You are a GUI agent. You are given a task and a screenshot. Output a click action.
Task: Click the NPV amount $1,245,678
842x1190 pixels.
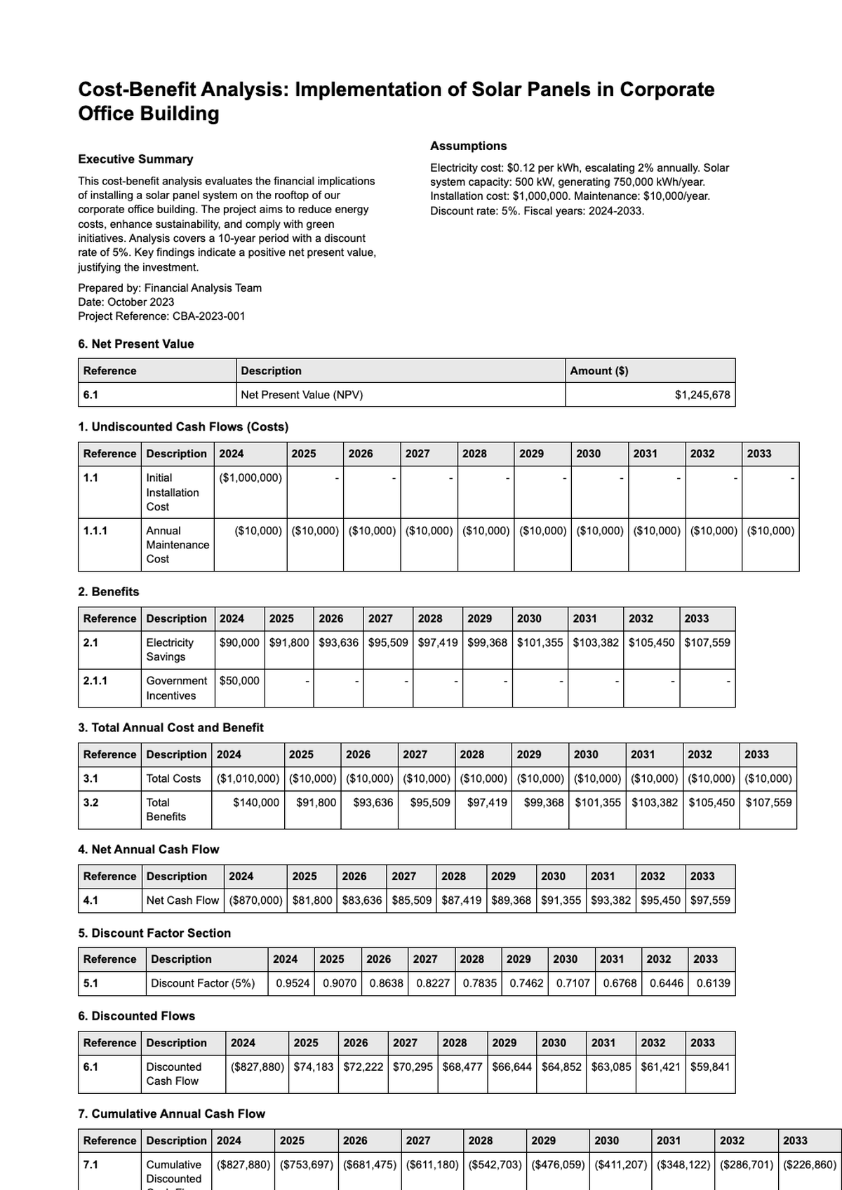pos(702,395)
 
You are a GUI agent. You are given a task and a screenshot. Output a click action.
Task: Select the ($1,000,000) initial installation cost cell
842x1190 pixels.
pos(250,478)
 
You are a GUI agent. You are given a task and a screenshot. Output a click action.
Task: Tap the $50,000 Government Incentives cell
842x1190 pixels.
pos(239,680)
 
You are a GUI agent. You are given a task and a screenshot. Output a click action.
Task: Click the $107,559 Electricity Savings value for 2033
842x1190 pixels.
pos(707,642)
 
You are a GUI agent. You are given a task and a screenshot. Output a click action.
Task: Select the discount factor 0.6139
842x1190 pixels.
pos(713,983)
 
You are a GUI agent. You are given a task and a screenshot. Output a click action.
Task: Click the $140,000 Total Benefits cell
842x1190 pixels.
pos(255,802)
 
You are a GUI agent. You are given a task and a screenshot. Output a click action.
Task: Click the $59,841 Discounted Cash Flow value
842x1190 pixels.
pos(710,1067)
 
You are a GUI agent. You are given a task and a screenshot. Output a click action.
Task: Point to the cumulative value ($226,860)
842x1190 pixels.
pos(810,1165)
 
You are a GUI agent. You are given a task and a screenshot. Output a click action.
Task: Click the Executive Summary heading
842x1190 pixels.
pos(135,159)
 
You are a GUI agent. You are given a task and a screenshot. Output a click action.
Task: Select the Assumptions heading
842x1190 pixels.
pos(468,146)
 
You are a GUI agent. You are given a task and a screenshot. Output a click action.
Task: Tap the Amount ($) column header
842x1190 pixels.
pos(599,371)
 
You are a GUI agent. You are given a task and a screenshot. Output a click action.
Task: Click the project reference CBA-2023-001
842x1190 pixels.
pos(208,316)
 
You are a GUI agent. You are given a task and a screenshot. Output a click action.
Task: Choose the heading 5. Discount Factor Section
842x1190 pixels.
pos(154,933)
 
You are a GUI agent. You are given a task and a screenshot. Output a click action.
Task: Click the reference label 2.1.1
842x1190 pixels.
pos(95,680)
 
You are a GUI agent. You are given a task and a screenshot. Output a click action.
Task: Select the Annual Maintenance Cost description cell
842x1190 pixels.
pos(177,545)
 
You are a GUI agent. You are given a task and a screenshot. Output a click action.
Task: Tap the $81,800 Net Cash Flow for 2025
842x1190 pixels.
pos(312,900)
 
